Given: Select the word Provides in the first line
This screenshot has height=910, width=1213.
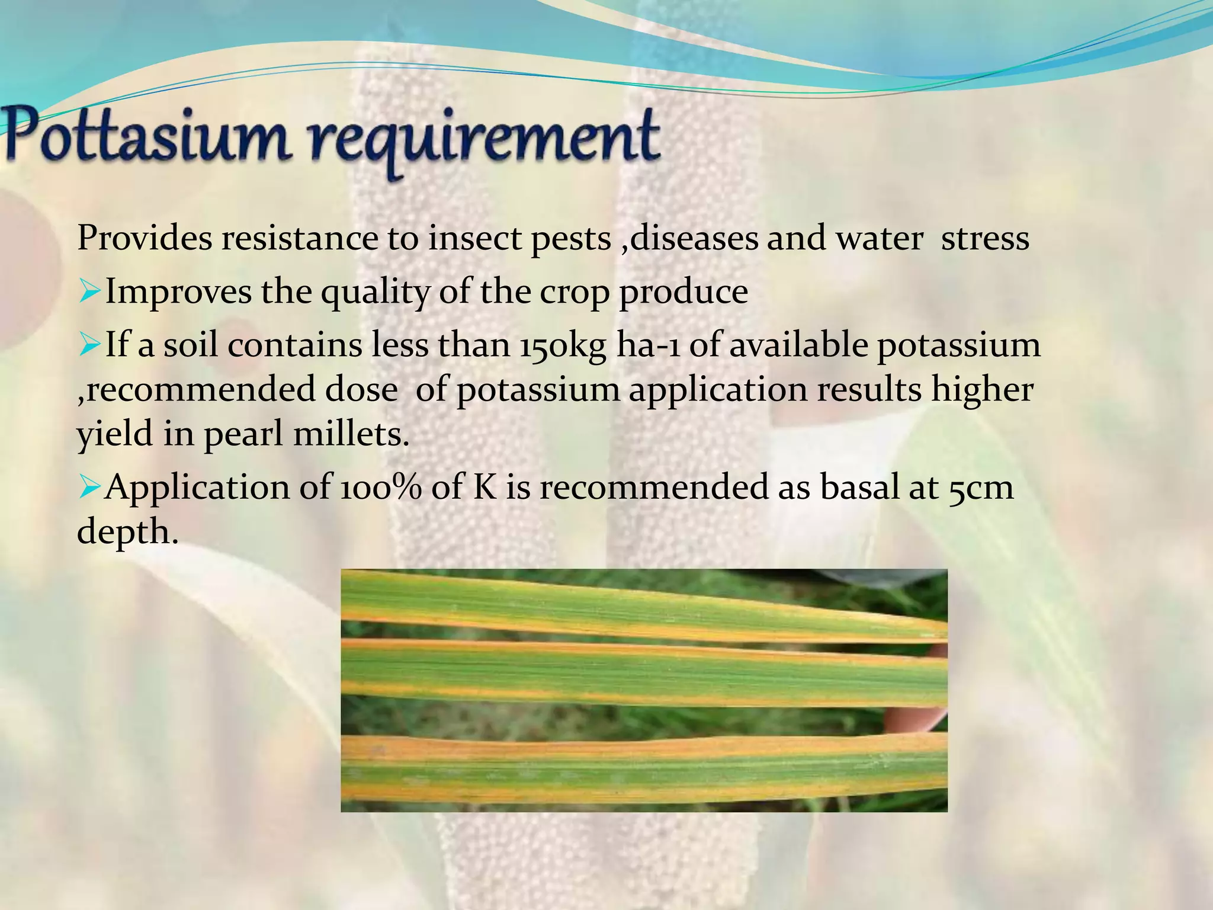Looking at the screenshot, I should [x=144, y=239].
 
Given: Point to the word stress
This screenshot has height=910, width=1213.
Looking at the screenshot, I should [x=985, y=239].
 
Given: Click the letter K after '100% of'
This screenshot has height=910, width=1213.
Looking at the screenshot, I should [x=485, y=488].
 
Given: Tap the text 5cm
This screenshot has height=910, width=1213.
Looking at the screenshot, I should [x=981, y=488].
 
